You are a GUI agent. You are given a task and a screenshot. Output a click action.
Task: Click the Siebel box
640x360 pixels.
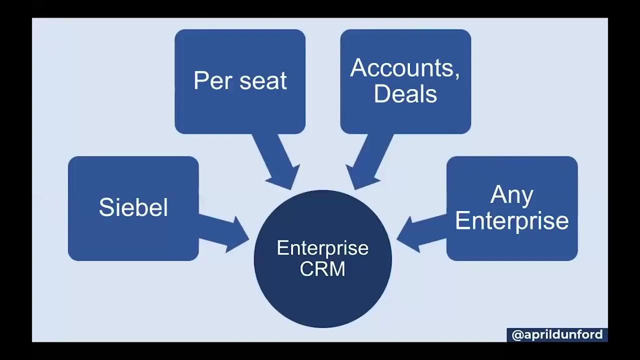click(x=133, y=235)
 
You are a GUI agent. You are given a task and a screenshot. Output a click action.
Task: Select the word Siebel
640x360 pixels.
click(x=133, y=207)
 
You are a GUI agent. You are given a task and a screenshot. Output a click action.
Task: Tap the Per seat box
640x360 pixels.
click(x=240, y=110)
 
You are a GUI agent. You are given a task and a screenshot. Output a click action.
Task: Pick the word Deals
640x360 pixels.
click(x=405, y=94)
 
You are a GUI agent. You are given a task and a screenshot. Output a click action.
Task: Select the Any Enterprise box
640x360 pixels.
click(x=512, y=245)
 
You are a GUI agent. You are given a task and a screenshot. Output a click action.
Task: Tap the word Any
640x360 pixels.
click(x=512, y=194)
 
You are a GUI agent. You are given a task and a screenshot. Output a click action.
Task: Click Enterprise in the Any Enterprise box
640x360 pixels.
click(x=512, y=221)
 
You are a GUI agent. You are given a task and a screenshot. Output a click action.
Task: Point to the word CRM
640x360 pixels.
click(x=322, y=269)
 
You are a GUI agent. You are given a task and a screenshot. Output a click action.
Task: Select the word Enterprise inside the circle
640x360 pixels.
click(x=322, y=248)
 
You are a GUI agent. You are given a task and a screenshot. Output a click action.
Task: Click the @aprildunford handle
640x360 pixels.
click(x=557, y=335)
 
